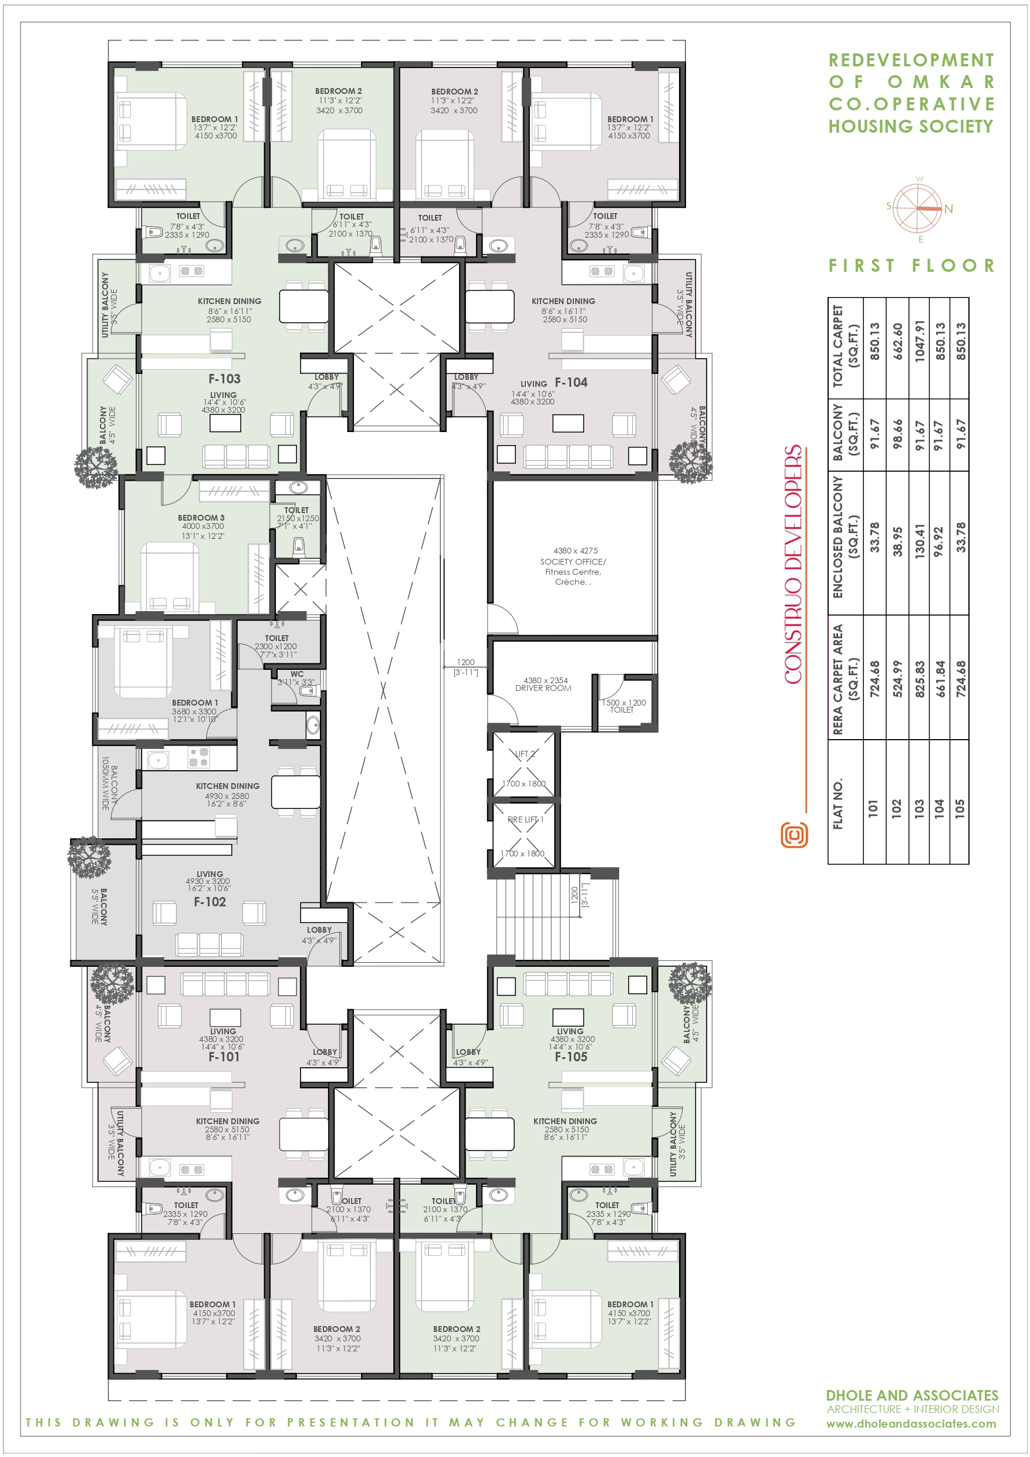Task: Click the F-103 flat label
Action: tap(225, 379)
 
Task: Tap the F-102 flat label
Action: tap(210, 902)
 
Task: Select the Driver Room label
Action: tap(543, 688)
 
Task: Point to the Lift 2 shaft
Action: tap(524, 765)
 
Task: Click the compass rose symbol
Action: tap(918, 209)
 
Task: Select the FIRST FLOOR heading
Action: tap(911, 265)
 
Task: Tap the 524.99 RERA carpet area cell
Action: tap(897, 679)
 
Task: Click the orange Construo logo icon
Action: tap(794, 835)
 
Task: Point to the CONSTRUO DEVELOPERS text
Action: tap(793, 565)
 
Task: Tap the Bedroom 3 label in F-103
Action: tap(201, 518)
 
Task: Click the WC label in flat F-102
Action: tap(297, 674)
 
